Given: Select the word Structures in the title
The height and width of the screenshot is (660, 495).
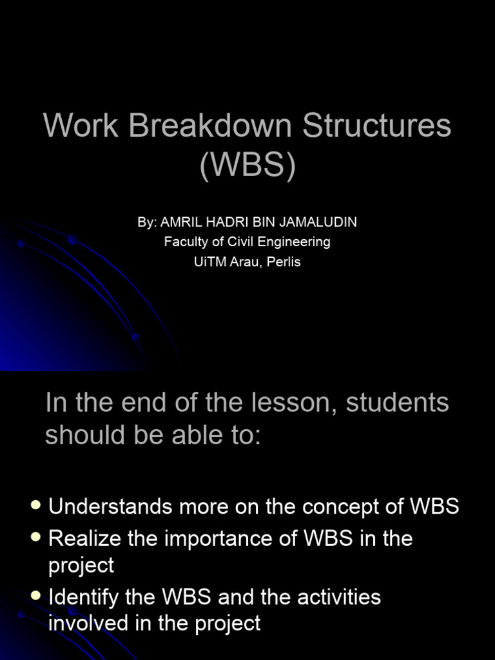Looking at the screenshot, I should (377, 125).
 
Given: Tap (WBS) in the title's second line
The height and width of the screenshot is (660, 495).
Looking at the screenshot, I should (247, 165).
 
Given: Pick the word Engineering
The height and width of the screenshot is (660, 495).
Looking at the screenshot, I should (294, 242).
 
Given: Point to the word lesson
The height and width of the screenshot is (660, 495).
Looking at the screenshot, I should (298, 403).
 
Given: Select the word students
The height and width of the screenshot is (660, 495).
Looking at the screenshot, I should (397, 403).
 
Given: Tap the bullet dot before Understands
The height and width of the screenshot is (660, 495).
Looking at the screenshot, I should (36, 505).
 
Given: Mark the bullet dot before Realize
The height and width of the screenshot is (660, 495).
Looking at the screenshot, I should (36, 537).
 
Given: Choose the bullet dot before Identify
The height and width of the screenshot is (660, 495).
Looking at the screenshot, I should (36, 596).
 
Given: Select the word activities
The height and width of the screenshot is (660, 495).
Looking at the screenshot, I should (339, 597).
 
